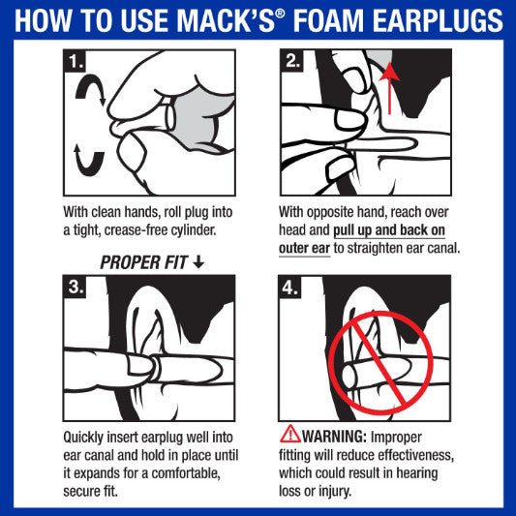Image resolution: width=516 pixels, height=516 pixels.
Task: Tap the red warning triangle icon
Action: pyautogui.click(x=289, y=434)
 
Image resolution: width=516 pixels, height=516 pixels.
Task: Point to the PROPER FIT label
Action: pyautogui.click(x=145, y=262)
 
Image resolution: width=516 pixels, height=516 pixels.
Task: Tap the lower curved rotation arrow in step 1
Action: pyautogui.click(x=85, y=158)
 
